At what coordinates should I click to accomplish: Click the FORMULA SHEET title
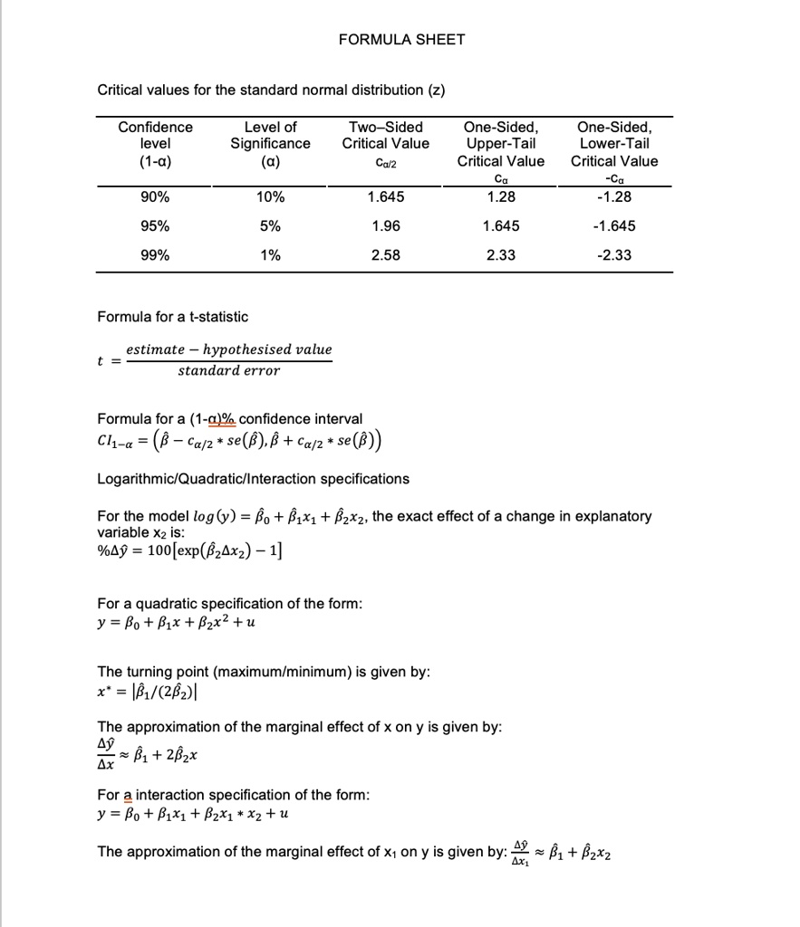tap(401, 39)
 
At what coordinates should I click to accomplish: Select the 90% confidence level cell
tap(155, 197)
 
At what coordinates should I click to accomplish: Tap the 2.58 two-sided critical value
tap(385, 255)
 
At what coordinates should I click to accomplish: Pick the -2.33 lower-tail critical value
tap(615, 255)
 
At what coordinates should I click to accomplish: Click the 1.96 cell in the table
tap(385, 226)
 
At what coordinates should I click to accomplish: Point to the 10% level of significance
tap(270, 197)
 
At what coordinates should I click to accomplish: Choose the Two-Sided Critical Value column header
tap(385, 135)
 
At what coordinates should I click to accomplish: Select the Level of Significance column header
tap(270, 135)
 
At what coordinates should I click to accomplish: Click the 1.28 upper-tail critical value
tap(500, 197)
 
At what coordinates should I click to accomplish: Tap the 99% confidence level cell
tap(155, 255)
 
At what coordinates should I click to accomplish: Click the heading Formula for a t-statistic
tap(172, 317)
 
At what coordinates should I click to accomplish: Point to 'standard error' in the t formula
tap(228, 371)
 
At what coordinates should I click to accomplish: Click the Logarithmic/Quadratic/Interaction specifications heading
tap(253, 478)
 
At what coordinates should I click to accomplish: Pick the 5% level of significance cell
tap(270, 226)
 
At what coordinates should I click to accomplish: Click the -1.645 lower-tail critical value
tap(615, 226)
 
